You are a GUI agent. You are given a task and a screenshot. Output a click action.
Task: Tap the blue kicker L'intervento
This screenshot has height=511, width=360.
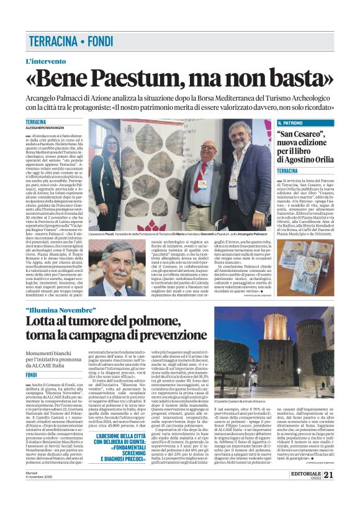(45, 61)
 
